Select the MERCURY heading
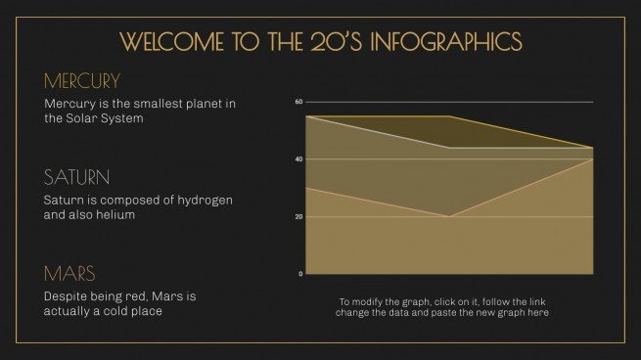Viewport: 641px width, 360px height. [x=82, y=80]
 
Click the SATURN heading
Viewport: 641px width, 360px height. [x=75, y=177]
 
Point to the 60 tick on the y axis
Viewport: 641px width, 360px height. [x=298, y=102]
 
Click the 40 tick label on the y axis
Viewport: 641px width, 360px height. [x=298, y=159]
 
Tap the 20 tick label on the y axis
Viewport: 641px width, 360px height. [x=298, y=216]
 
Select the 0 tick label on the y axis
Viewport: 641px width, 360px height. [x=300, y=274]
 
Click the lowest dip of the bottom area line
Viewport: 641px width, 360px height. [x=448, y=216]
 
